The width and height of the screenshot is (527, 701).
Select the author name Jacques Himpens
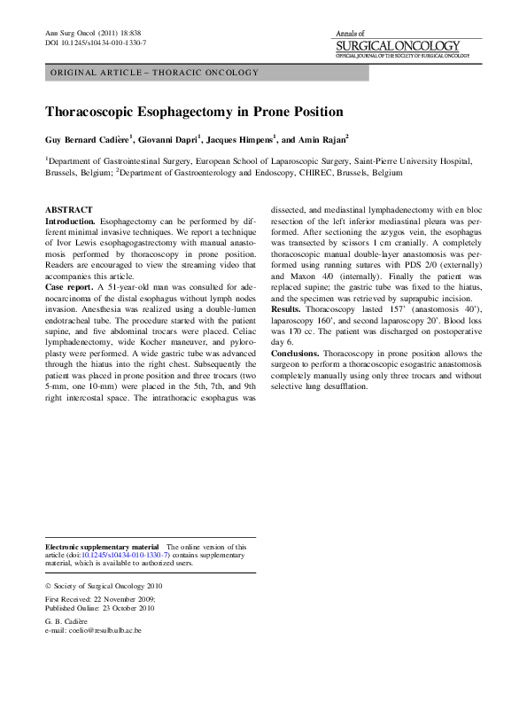click(x=240, y=139)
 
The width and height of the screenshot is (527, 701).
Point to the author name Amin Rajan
click(x=321, y=139)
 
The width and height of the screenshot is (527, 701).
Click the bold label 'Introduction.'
click(x=70, y=220)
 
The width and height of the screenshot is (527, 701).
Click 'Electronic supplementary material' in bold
click(x=102, y=547)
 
